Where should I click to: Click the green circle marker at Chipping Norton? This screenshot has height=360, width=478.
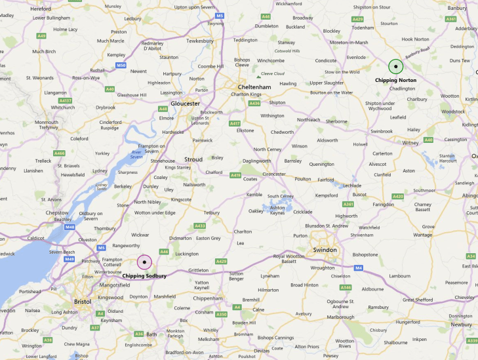[395, 66]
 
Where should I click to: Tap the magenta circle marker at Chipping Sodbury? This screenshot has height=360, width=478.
[144, 262]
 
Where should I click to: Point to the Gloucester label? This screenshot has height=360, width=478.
[185, 103]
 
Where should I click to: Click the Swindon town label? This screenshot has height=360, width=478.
[325, 250]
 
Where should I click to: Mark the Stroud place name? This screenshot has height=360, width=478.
[193, 159]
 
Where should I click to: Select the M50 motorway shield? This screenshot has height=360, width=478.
[120, 66]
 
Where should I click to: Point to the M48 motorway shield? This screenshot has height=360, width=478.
[70, 227]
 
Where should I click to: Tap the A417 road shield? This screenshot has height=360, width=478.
[234, 123]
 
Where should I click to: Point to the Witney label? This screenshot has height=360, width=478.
[410, 142]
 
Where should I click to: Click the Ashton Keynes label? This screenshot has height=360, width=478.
[278, 212]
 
